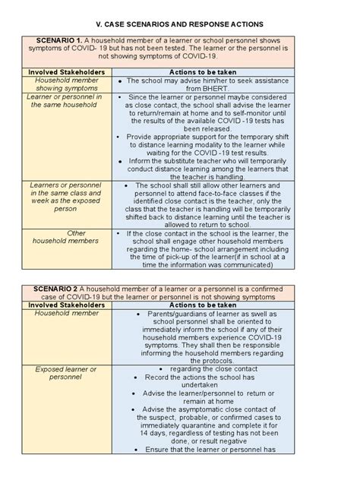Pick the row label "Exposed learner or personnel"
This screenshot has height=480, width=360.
(x=68, y=373)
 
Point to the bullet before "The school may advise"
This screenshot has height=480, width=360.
(x=121, y=80)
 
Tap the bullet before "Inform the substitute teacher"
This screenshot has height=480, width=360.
(x=122, y=161)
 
